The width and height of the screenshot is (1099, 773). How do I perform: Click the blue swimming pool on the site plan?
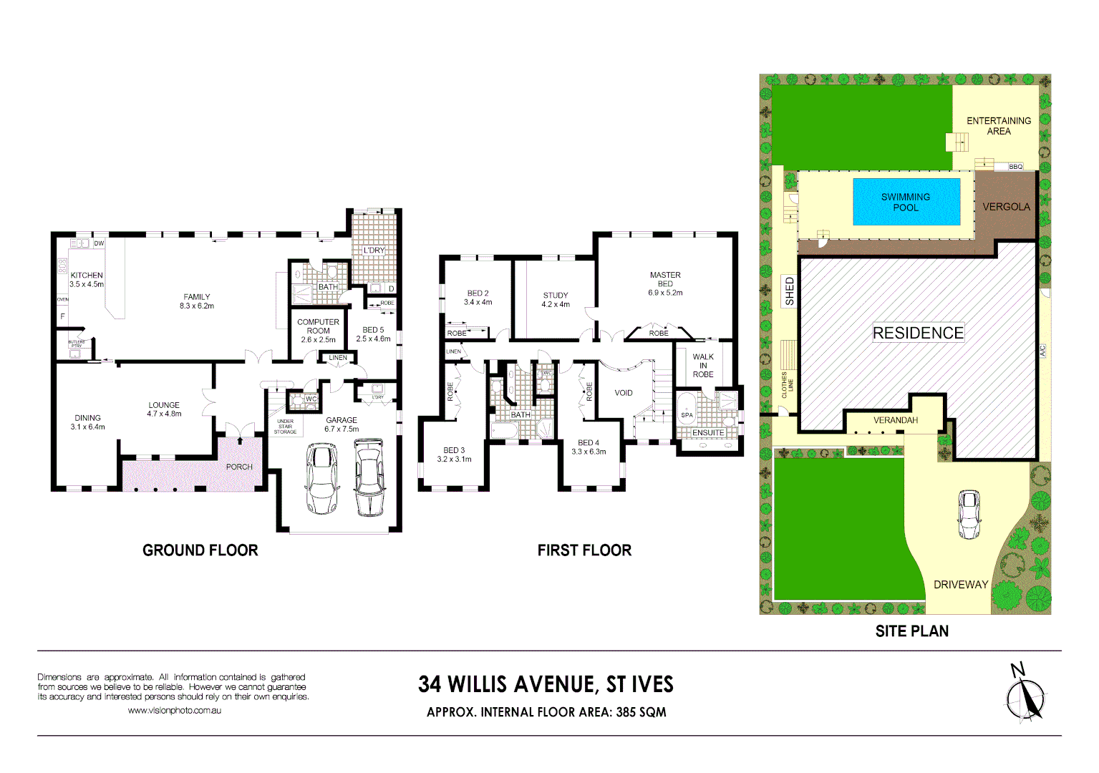tap(906, 202)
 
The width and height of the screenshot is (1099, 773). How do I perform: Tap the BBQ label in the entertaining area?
tap(1015, 167)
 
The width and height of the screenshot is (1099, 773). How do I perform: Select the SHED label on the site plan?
tap(790, 291)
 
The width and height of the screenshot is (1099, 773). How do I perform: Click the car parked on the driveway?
tap(969, 514)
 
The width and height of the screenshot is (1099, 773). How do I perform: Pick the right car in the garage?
tap(369, 478)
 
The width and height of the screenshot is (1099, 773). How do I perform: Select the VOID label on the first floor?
tap(624, 393)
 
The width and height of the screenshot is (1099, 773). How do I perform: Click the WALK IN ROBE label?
tap(703, 365)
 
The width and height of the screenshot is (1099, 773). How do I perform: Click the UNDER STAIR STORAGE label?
tap(285, 427)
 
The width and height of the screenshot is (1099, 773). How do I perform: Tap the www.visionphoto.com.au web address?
tap(174, 711)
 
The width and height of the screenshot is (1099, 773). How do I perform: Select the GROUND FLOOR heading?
tap(200, 550)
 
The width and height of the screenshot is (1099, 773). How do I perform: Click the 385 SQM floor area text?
tap(640, 712)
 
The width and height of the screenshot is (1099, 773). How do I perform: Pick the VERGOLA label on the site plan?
tap(1006, 207)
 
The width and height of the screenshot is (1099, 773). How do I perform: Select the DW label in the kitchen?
tap(99, 243)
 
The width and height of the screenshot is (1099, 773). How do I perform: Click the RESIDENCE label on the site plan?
tap(918, 333)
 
